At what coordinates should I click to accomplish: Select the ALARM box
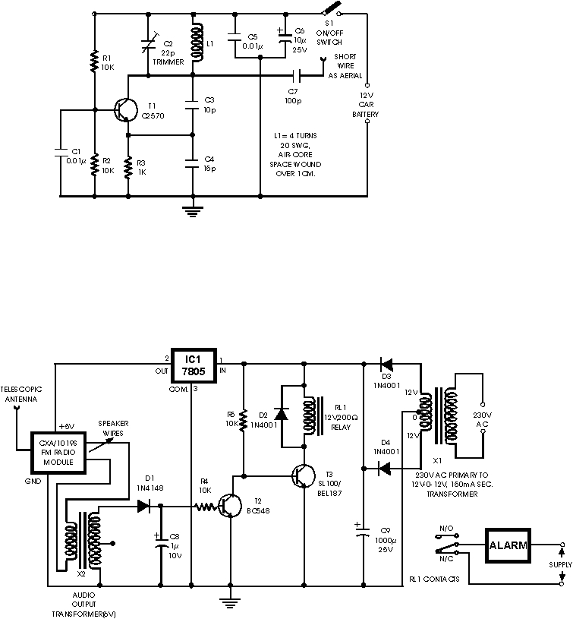coord(508,545)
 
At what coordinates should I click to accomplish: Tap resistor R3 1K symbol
coord(129,165)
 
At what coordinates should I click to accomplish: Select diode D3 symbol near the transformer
coord(387,364)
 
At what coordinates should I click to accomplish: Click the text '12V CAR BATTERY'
coord(365,104)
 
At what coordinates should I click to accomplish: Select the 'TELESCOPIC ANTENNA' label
coord(20,393)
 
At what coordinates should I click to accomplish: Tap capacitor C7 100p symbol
coord(298,76)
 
